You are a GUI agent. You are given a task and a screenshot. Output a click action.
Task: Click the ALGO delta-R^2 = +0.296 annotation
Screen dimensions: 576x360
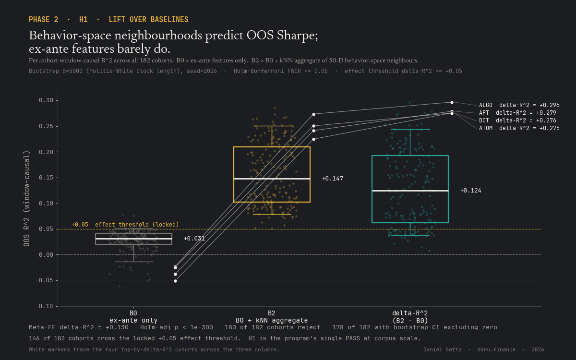[x=519, y=105]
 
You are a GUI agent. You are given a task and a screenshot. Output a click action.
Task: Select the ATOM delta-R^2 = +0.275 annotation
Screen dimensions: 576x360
[x=519, y=128]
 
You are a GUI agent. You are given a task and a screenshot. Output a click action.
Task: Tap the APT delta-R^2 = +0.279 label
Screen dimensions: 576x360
[x=517, y=113]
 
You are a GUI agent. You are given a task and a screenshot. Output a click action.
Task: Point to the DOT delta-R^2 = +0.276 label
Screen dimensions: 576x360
[x=517, y=120]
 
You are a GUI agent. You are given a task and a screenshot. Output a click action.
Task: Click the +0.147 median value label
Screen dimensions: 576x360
[x=333, y=179]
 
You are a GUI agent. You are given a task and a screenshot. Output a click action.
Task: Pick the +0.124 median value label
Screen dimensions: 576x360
[x=470, y=191]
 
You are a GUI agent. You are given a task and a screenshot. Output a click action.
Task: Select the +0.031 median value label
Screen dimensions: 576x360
[x=194, y=239]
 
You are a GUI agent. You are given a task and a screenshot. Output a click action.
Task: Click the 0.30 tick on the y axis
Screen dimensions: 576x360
[x=46, y=100]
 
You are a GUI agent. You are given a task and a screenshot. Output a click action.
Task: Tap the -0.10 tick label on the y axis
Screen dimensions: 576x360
[x=45, y=306]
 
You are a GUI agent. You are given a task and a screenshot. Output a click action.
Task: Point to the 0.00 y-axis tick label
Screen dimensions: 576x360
[x=46, y=255]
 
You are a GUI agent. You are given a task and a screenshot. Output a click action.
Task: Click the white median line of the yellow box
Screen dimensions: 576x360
[x=272, y=179]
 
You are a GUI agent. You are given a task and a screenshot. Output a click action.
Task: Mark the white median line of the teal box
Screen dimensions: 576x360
[x=410, y=191]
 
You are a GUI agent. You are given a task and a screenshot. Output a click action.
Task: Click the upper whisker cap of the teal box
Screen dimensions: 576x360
[x=410, y=129]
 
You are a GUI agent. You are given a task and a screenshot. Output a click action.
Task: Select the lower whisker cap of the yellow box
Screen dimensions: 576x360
[x=272, y=214]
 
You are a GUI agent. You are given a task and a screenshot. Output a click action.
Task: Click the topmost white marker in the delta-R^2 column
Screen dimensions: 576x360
[x=452, y=102]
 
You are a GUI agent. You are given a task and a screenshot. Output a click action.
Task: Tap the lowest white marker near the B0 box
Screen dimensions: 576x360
[x=175, y=281]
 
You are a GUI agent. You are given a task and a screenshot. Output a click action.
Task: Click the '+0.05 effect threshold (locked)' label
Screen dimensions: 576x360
[x=125, y=225]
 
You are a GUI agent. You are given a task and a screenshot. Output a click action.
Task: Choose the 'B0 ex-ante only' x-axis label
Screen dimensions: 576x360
[x=133, y=317]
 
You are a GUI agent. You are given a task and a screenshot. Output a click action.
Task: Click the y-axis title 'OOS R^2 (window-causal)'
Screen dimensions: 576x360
[x=26, y=198]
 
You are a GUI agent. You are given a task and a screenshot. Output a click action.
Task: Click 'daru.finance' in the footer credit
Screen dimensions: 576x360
[x=496, y=350]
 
